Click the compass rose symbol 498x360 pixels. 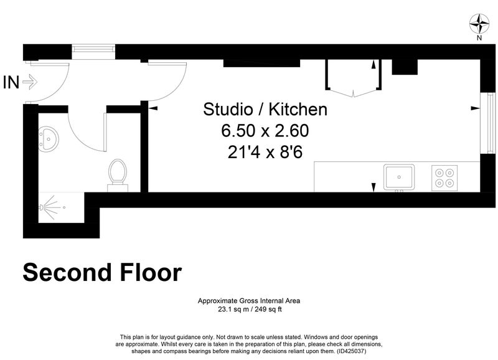(479, 24)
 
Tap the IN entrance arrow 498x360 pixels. (30, 82)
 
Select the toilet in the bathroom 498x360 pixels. (118, 175)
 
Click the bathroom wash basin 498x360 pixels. (49, 138)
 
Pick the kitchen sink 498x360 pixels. (399, 177)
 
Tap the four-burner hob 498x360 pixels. (444, 178)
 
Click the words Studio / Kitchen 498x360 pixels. (265, 109)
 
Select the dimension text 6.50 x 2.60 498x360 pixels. (265, 131)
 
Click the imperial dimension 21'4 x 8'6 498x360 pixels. (265, 152)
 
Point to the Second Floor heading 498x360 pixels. (102, 273)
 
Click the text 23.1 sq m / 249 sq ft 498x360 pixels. (250, 309)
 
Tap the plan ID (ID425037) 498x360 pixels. (351, 351)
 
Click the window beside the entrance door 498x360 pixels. (93, 52)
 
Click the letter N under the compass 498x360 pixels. (479, 38)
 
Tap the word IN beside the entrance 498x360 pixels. (11, 82)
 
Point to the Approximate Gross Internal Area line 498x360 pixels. (249, 301)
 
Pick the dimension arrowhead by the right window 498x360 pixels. (475, 108)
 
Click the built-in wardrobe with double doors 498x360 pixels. (353, 78)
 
